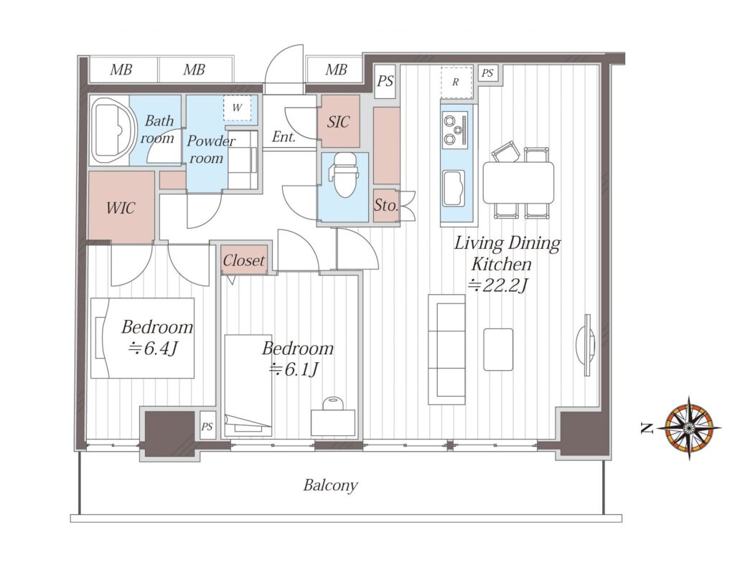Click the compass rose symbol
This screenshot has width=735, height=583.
689,427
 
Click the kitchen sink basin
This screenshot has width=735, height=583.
454,189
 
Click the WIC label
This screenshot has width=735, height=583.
121,207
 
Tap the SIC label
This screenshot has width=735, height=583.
339,122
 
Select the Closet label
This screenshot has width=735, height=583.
243,260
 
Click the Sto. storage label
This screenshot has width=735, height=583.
386,205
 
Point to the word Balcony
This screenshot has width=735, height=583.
330,485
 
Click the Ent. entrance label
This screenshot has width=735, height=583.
284,137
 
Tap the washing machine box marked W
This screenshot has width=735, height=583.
237,108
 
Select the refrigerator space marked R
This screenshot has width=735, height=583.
456,82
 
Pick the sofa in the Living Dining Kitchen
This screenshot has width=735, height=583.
446,349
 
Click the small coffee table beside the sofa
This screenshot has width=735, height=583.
498,349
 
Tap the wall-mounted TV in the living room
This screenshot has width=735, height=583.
586,345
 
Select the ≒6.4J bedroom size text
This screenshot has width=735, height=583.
154,348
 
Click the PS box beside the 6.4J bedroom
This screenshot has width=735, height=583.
207,426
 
